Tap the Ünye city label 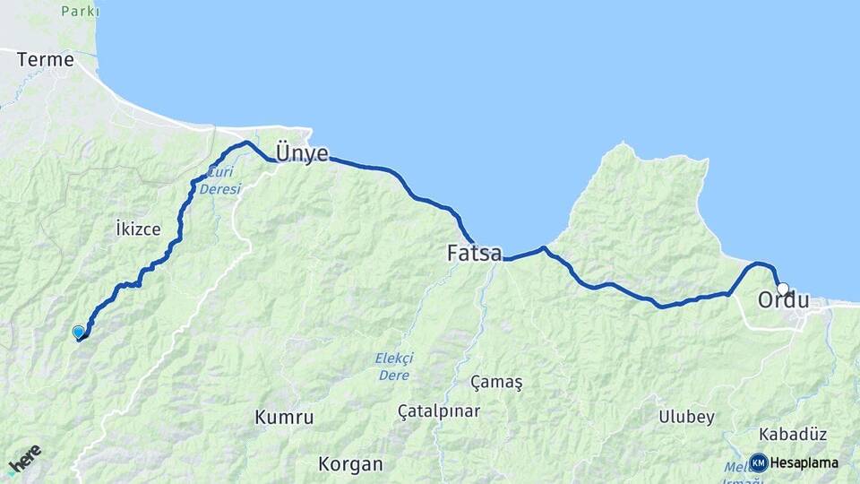[x=302, y=153]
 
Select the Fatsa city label [x=474, y=254]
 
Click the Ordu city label [x=784, y=300]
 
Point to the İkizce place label [x=138, y=229]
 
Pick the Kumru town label [x=284, y=417]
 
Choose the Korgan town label [x=350, y=464]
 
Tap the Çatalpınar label [x=439, y=411]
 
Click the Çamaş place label [x=496, y=382]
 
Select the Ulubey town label [x=686, y=417]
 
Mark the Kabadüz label [x=792, y=434]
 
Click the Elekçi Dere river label [x=394, y=367]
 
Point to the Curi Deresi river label [x=220, y=181]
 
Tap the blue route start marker [x=78, y=332]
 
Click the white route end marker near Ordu [x=783, y=289]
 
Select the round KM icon [x=758, y=462]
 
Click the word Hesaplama [x=804, y=462]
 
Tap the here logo [x=25, y=458]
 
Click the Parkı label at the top [x=80, y=12]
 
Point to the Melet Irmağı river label [x=736, y=471]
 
